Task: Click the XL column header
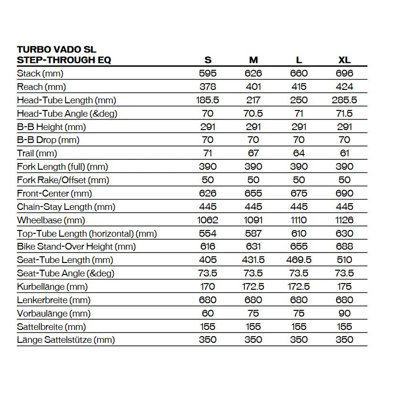(344, 60)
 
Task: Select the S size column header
(208, 60)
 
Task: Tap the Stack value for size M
(253, 73)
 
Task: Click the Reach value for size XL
(344, 87)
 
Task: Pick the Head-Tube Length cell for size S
(208, 100)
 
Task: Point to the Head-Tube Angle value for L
(299, 113)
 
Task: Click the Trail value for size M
(253, 153)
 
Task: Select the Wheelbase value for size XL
(344, 220)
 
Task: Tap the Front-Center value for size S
(208, 193)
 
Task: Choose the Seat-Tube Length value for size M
(253, 260)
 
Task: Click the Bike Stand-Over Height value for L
(299, 247)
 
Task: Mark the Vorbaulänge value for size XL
(344, 313)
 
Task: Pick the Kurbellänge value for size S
(208, 286)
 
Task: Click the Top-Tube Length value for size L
(299, 233)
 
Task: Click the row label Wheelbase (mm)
(51, 220)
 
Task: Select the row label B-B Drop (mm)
(48, 140)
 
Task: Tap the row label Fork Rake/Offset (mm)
(63, 180)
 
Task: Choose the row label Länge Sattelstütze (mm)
(66, 340)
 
